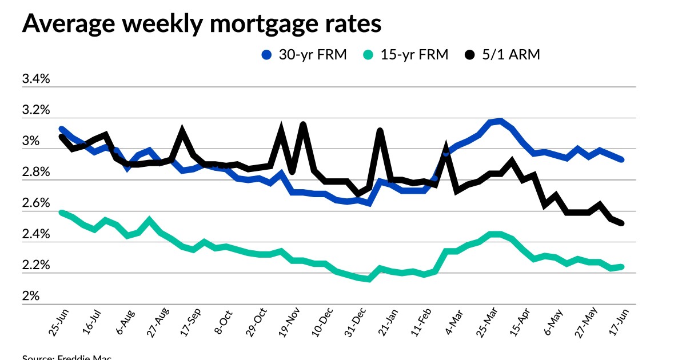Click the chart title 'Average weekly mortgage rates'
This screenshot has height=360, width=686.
click(x=201, y=25)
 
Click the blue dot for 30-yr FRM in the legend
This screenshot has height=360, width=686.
click(x=266, y=55)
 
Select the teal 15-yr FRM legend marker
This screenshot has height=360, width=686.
click(x=369, y=55)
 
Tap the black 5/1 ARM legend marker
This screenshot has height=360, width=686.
click(x=470, y=55)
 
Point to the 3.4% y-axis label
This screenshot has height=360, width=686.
click(x=36, y=79)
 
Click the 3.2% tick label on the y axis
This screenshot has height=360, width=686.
click(x=36, y=110)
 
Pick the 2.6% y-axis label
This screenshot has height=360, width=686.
click(x=36, y=203)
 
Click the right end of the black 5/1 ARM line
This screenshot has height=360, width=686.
click(x=621, y=223)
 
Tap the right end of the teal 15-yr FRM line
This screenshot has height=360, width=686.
click(x=621, y=267)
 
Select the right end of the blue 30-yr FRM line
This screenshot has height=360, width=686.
click(x=621, y=159)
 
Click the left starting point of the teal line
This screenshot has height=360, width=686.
click(x=61, y=213)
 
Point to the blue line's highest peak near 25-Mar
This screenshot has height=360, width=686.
click(x=500, y=121)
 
